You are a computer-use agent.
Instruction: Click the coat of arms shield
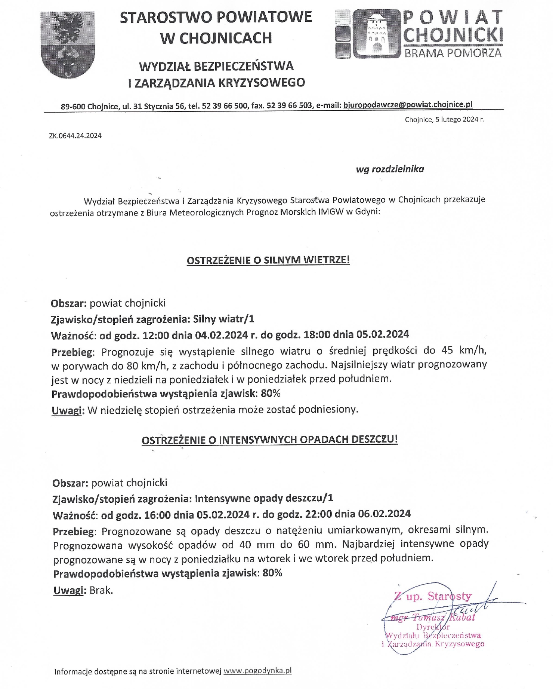point(68,45)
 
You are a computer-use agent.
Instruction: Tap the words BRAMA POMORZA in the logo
point(453,53)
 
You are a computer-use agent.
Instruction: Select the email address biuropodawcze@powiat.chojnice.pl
point(408,105)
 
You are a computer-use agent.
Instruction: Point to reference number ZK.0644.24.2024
point(75,136)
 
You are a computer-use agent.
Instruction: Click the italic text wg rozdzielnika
point(390,169)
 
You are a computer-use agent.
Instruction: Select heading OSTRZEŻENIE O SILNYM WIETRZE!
point(268,260)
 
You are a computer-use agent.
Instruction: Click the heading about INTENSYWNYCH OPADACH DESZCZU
point(269,440)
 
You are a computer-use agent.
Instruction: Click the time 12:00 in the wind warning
point(156,334)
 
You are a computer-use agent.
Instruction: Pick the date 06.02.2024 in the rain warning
point(384,514)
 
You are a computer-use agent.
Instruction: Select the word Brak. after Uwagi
point(101,590)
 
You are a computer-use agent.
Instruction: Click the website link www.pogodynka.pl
point(257,671)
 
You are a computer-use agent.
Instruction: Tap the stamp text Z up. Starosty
point(433,596)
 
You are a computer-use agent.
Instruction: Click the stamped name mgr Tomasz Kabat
point(432,618)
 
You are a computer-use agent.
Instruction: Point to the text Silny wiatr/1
point(223,319)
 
